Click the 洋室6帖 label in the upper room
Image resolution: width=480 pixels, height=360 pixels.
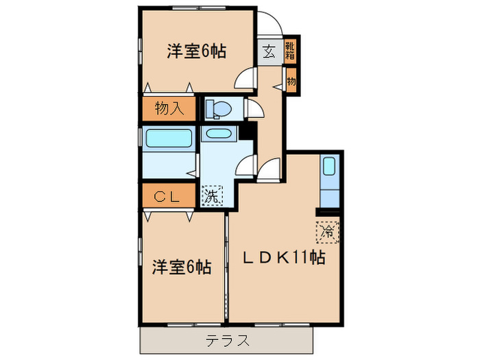(x=197, y=51)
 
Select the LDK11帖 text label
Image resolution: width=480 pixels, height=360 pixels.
(x=282, y=259)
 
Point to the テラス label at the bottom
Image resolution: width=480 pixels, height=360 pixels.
(x=227, y=341)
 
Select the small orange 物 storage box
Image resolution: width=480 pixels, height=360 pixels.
(x=291, y=81)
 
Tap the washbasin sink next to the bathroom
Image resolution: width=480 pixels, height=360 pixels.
(x=219, y=134)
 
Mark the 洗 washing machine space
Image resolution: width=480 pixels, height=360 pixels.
(x=213, y=195)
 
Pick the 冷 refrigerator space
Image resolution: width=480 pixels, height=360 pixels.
(x=328, y=232)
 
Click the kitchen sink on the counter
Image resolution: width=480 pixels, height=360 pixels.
(x=328, y=166)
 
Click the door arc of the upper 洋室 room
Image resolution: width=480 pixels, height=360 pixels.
(x=245, y=80)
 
